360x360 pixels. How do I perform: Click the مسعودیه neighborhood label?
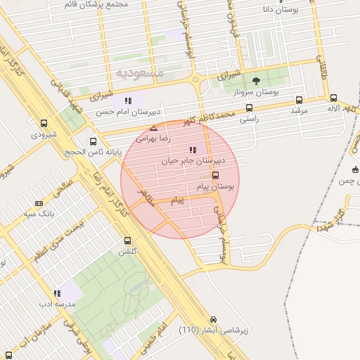[140, 72]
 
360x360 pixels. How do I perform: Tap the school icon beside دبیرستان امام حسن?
[127, 101]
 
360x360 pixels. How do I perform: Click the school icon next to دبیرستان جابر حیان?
[193, 150]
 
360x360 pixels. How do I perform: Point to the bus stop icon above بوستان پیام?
[215, 175]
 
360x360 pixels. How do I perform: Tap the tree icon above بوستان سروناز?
[255, 81]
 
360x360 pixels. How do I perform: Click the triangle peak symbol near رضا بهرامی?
[153, 128]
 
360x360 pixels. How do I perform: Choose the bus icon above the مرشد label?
[300, 100]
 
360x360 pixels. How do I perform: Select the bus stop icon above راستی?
[249, 108]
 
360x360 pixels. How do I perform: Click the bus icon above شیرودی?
[44, 122]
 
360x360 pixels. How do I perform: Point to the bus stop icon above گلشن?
[127, 240]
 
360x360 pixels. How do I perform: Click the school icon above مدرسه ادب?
[56, 293]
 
